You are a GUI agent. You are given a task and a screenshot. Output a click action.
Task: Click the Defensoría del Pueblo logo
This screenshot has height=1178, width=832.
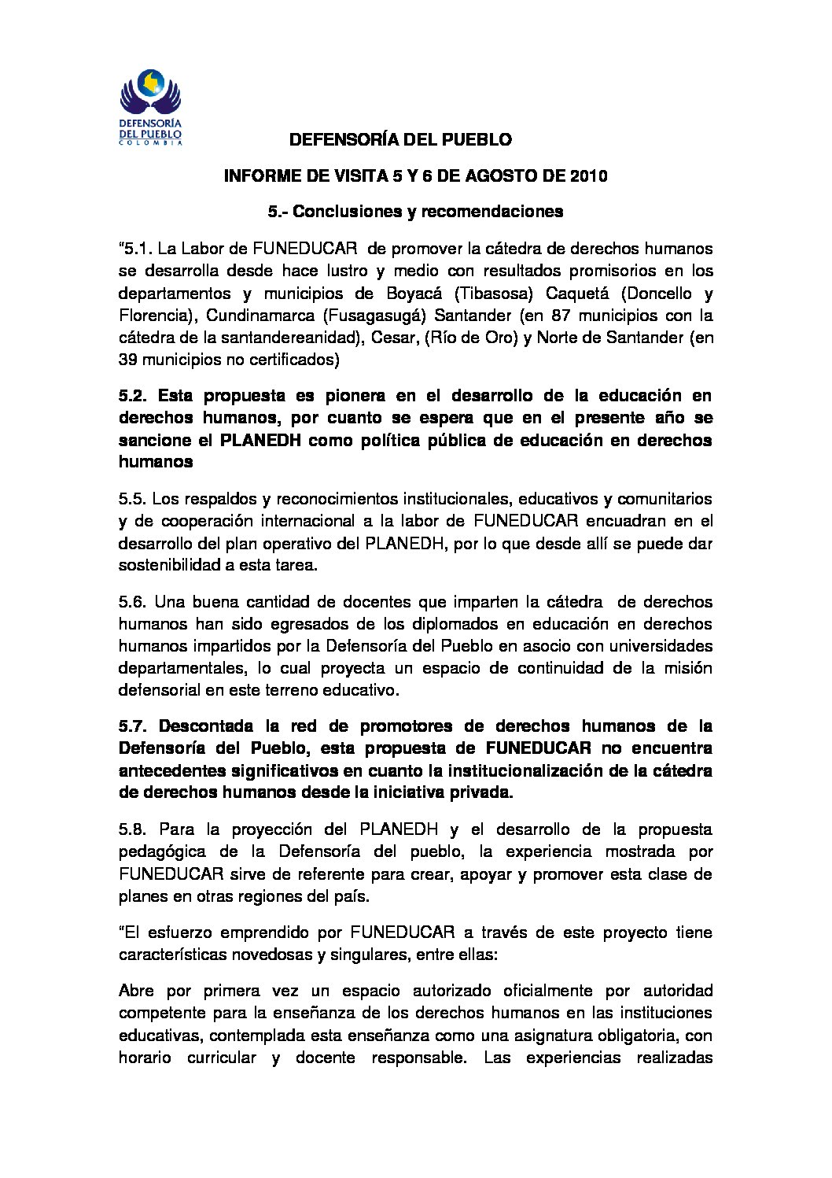pyautogui.click(x=150, y=107)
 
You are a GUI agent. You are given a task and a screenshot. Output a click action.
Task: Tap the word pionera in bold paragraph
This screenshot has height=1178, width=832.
pyautogui.click(x=331, y=397)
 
